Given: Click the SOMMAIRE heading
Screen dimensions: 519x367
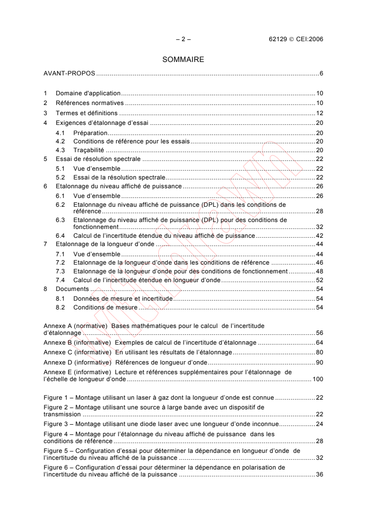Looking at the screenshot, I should (183, 60).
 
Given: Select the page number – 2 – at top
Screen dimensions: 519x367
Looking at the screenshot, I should (183, 39).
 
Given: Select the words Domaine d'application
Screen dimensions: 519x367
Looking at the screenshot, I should (81, 93).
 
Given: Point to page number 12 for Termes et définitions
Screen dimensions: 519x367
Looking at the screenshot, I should (319, 113).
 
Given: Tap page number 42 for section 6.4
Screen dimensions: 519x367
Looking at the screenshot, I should (319, 235).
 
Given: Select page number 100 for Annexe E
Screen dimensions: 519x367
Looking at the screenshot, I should (317, 379).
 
